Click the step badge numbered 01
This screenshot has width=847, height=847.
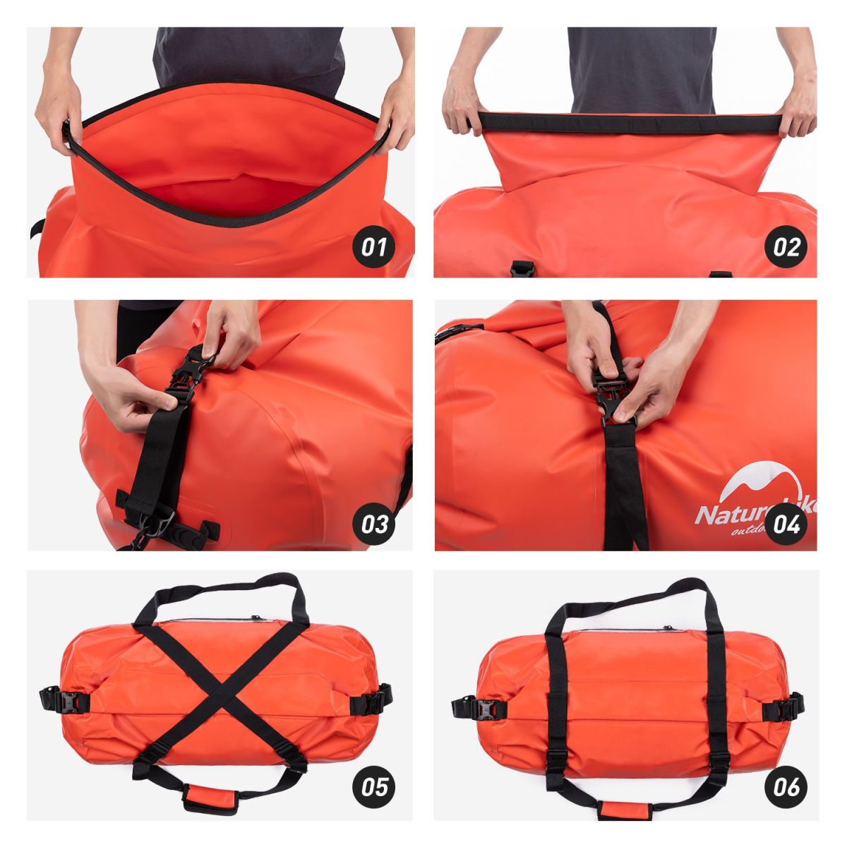[x=374, y=247]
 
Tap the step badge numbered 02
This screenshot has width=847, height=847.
[x=786, y=247]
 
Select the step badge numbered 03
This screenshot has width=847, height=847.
[x=374, y=524]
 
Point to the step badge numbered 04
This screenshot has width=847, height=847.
[x=786, y=524]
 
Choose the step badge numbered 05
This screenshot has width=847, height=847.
[x=374, y=785]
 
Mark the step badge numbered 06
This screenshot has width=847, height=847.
[x=786, y=785]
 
